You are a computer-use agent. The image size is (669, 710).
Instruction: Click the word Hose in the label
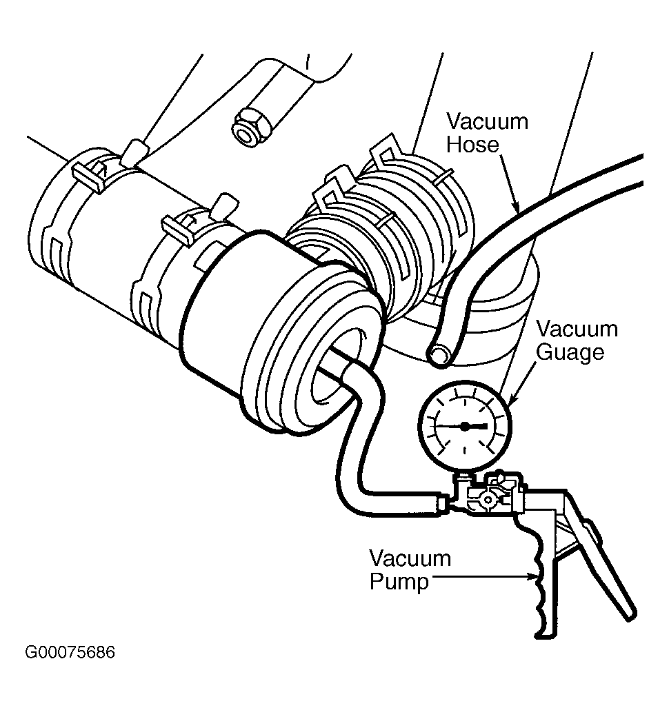pyautogui.click(x=472, y=145)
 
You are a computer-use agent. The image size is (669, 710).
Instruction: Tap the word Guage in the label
pyautogui.click(x=570, y=353)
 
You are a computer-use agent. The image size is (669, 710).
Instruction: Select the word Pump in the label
pyautogui.click(x=399, y=582)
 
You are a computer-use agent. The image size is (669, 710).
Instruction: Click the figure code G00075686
pyautogui.click(x=70, y=652)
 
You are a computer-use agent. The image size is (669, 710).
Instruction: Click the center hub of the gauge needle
pyautogui.click(x=465, y=426)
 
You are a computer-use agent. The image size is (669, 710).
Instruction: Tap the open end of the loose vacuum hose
pyautogui.click(x=439, y=353)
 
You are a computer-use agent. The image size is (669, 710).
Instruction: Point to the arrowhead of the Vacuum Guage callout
pyautogui.click(x=512, y=399)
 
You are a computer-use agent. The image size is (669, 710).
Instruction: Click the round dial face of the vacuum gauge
pyautogui.click(x=465, y=426)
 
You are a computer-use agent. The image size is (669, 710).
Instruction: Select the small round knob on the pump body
pyautogui.click(x=488, y=500)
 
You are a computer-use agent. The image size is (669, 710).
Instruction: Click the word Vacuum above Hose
pyautogui.click(x=487, y=121)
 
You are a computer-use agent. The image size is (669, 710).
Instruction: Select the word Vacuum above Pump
pyautogui.click(x=410, y=558)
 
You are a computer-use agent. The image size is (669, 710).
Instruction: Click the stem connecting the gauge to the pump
pyautogui.click(x=463, y=479)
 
